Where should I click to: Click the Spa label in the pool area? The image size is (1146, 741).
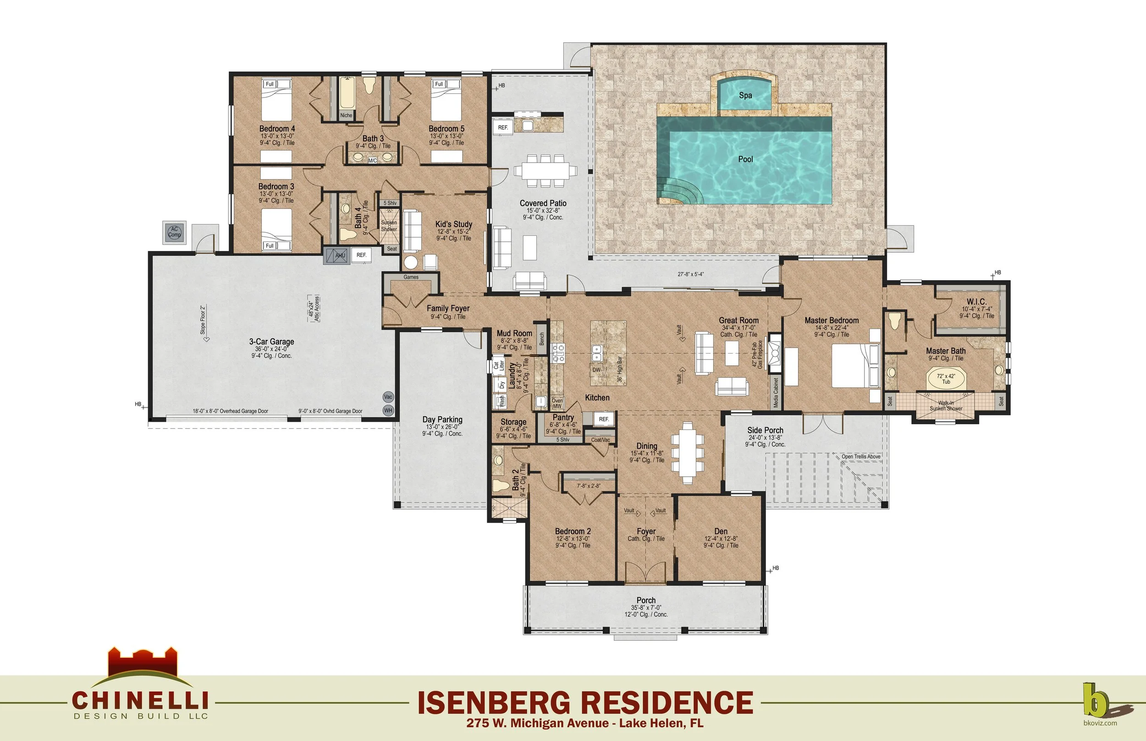click(x=745, y=95)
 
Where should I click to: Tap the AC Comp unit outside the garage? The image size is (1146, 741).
click(x=174, y=232)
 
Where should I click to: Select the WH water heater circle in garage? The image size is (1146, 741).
click(x=388, y=410)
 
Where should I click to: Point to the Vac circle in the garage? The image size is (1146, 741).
click(x=388, y=397)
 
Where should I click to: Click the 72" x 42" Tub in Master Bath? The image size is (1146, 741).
click(x=946, y=379)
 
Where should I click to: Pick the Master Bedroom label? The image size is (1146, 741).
click(x=832, y=321)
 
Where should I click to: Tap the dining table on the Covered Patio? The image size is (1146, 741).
click(x=545, y=170)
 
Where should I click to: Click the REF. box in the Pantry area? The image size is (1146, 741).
click(x=604, y=419)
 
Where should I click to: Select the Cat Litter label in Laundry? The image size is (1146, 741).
click(x=498, y=365)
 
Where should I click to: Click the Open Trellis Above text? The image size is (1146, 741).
click(x=861, y=457)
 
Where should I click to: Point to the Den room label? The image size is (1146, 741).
click(x=721, y=531)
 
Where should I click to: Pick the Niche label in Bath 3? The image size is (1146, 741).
click(x=346, y=115)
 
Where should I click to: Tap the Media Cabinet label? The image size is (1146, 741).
click(x=776, y=392)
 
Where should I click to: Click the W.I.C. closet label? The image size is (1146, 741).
click(x=976, y=302)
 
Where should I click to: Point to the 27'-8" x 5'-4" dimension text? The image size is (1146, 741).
click(x=690, y=274)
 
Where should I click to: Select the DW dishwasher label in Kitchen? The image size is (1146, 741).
click(x=596, y=370)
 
